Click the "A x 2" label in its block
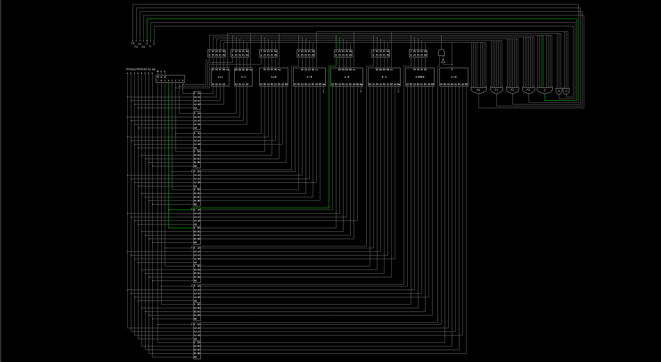(220, 77)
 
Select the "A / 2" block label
(243, 77)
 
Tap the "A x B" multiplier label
(274, 77)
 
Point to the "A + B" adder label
(309, 77)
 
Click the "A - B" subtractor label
(347, 77)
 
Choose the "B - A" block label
(384, 77)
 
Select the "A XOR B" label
(420, 77)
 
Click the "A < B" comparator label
(454, 77)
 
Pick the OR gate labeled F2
(512, 90)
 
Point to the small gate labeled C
(566, 91)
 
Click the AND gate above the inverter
(441, 53)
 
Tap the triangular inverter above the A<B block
(443, 61)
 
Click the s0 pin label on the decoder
(158, 77)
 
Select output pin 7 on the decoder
(158, 81)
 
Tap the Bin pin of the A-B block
(361, 84)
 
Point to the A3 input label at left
(128, 69)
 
